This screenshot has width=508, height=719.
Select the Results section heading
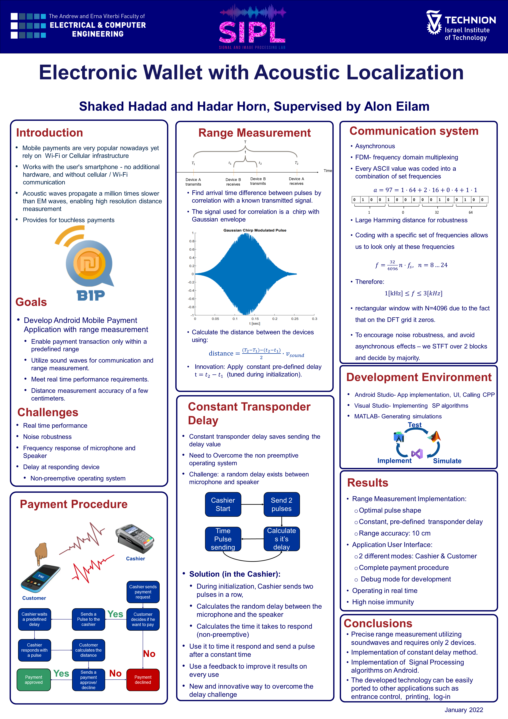tap(368, 483)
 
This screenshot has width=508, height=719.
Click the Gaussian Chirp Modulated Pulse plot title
tap(255, 230)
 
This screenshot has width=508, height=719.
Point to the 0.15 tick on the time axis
tap(255, 319)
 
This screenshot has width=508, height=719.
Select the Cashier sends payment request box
tap(143, 592)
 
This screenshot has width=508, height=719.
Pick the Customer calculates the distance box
tap(89, 650)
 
